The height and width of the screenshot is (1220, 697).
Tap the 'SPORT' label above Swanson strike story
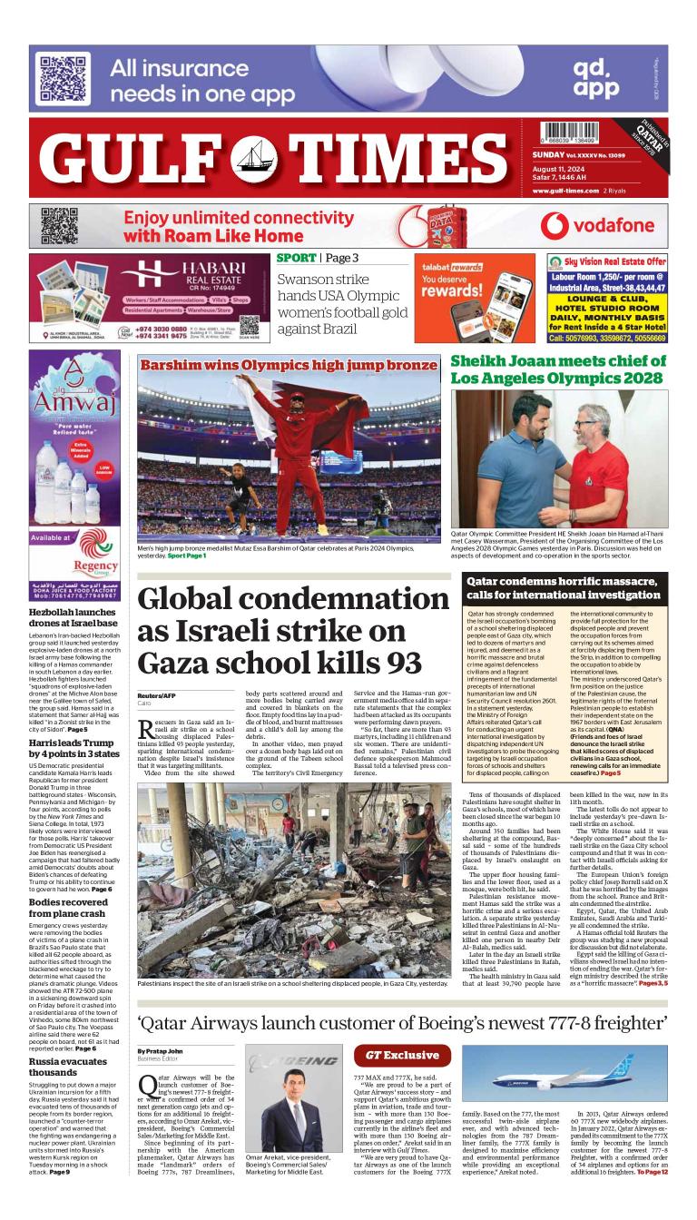coord(297,259)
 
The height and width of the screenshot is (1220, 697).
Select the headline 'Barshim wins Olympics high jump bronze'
coord(288,365)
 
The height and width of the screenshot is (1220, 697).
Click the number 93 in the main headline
coord(416,662)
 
